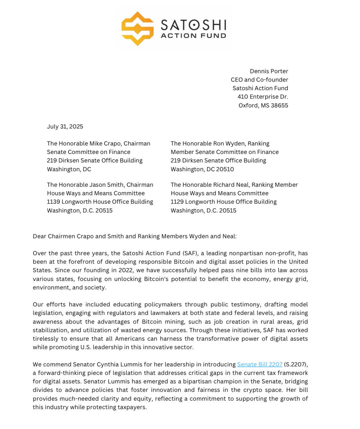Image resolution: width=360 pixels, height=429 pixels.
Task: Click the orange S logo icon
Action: [x=137, y=29]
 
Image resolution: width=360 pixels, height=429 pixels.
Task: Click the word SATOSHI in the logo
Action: [x=193, y=25]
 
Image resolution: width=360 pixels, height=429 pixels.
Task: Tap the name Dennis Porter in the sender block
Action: [x=269, y=71]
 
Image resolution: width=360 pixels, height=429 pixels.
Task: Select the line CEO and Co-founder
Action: [x=259, y=80]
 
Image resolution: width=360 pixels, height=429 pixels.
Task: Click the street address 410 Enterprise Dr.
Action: [x=263, y=97]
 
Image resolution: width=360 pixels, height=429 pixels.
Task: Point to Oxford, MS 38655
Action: [x=263, y=105]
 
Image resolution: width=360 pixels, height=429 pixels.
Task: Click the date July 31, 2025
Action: [x=65, y=127]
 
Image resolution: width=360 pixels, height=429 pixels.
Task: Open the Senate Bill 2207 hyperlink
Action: [x=259, y=365]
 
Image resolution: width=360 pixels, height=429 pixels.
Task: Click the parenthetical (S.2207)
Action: [x=296, y=365]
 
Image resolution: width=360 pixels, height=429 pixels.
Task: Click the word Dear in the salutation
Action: [x=39, y=237]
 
